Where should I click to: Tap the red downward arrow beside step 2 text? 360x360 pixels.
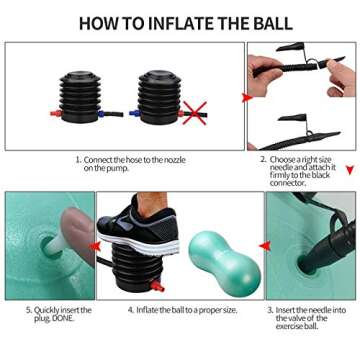[x=348, y=169]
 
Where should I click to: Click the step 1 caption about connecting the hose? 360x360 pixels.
[x=122, y=163]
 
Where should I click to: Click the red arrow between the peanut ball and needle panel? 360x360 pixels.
[x=263, y=244]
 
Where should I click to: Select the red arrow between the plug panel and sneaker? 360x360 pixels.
[x=97, y=245]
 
